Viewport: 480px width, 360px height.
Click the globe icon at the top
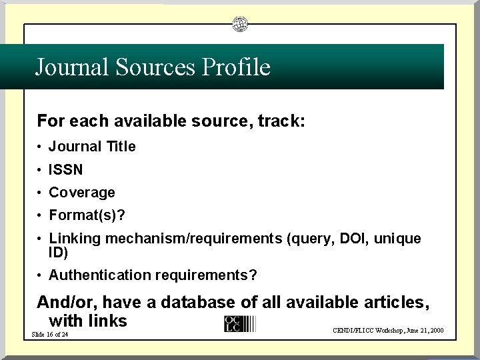pos(240,25)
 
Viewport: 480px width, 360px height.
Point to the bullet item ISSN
pos(65,170)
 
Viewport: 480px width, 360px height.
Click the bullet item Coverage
pos(81,193)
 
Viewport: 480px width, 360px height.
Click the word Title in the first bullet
pos(121,147)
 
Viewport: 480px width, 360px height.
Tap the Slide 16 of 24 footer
pos(49,334)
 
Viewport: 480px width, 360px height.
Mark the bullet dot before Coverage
pos(41,193)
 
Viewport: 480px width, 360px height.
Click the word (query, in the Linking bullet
pos(308,239)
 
